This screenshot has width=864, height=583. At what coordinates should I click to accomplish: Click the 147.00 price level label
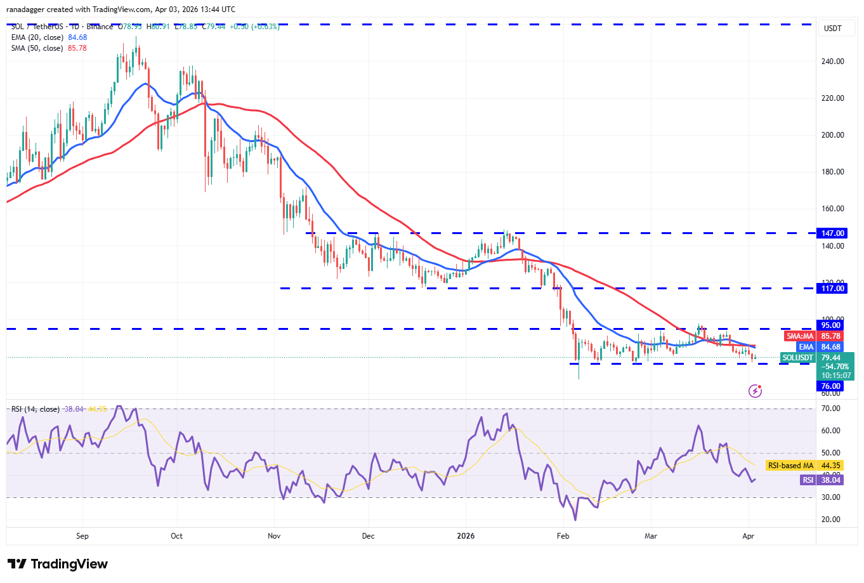point(832,233)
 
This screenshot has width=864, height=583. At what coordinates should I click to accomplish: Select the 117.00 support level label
point(832,289)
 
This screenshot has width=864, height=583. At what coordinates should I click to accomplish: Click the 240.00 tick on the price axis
point(832,62)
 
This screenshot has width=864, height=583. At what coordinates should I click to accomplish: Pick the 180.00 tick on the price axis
point(832,172)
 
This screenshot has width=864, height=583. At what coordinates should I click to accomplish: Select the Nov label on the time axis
point(274,536)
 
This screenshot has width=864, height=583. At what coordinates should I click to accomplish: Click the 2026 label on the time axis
point(466,536)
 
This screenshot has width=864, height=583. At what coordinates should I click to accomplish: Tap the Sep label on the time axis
point(82,536)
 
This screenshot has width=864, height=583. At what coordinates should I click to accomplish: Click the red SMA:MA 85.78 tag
point(813,336)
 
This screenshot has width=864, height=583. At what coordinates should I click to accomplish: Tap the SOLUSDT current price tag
point(816,358)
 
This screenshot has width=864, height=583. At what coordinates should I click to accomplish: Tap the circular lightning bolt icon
point(755,391)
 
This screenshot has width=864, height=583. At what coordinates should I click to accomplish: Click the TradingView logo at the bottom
point(58,564)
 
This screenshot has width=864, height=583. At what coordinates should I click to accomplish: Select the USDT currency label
point(832,29)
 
